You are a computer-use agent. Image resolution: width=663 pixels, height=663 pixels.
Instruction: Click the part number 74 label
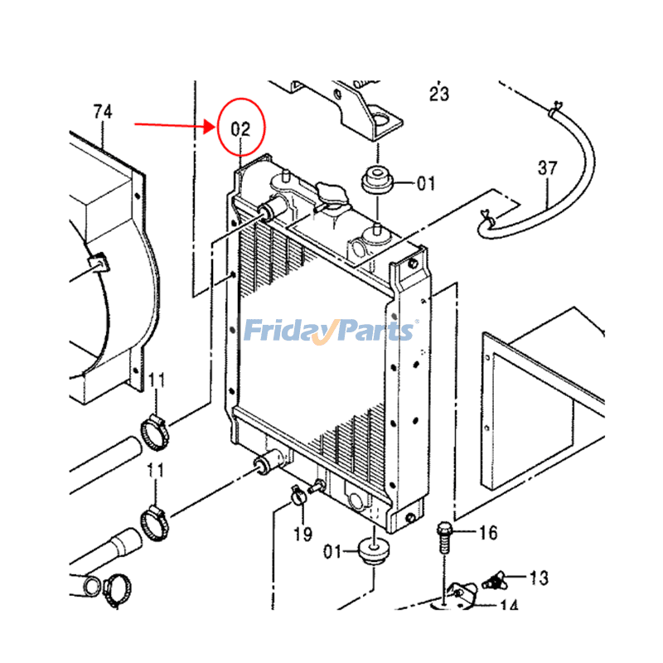(103, 111)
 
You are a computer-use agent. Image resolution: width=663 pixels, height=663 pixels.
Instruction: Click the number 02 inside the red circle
(240, 129)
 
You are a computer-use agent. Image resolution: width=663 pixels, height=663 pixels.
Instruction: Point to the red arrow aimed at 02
(174, 126)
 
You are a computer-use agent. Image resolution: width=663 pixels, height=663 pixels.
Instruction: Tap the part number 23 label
(439, 94)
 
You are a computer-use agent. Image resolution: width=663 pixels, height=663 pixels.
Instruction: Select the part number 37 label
(548, 169)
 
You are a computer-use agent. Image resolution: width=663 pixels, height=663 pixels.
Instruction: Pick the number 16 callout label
(488, 533)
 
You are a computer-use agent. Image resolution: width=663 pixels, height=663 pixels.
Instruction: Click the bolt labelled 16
(444, 536)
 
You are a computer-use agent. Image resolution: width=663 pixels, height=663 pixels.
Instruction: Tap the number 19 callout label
(302, 535)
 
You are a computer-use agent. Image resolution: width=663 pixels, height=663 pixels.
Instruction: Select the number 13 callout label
(540, 577)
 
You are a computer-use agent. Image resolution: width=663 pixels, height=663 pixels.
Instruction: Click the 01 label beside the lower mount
(333, 550)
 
